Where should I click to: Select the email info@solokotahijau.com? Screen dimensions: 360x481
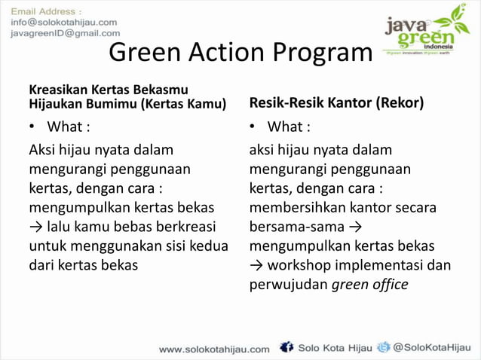click(x=63, y=23)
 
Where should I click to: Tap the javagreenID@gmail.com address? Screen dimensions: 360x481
click(x=65, y=33)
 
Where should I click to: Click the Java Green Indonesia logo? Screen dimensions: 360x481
click(x=426, y=30)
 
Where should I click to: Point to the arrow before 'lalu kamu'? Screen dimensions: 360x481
click(x=36, y=226)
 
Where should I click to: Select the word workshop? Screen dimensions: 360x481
click(x=301, y=265)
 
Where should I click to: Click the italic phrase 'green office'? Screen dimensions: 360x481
click(x=369, y=285)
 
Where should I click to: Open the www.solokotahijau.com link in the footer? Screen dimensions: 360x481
click(x=214, y=349)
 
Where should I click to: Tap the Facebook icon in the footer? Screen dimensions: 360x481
click(x=286, y=347)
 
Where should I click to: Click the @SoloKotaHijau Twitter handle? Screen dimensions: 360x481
click(x=433, y=348)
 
